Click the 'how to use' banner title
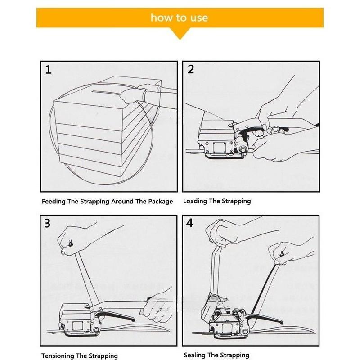pos(179,18)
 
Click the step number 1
pos(49,70)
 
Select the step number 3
pos(48,224)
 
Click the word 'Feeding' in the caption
pos(54,202)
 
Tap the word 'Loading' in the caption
pos(195,201)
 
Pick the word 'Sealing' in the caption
pos(195,355)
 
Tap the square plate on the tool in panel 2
pos(220,146)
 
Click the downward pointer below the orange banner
pos(180,34)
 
